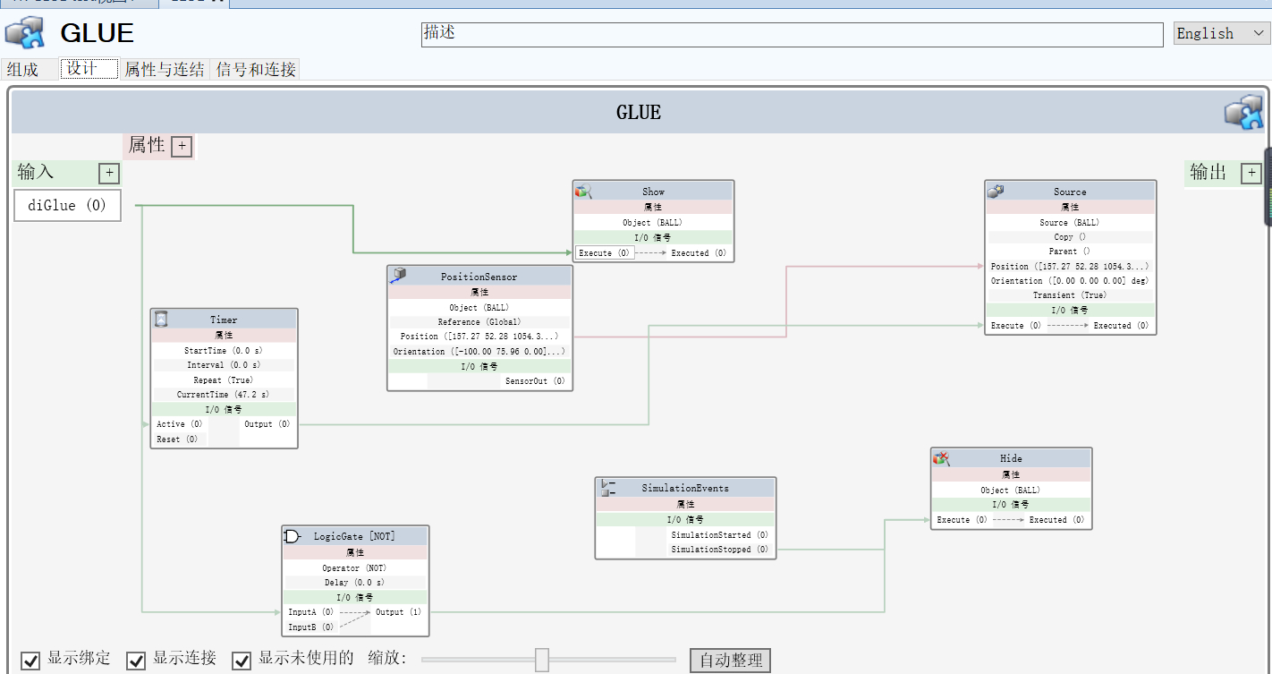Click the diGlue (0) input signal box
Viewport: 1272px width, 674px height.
[67, 205]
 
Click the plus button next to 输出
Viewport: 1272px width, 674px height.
[1251, 173]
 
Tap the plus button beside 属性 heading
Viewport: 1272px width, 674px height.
[182, 146]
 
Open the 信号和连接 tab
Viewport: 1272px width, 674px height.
[255, 69]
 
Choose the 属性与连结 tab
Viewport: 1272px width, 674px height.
[164, 69]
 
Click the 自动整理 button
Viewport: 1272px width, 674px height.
[730, 661]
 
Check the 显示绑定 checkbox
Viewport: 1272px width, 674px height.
[31, 661]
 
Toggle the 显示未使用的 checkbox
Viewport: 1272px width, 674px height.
[242, 661]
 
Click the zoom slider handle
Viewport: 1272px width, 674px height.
[542, 660]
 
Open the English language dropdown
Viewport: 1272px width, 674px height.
[1221, 33]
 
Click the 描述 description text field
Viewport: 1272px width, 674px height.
[792, 34]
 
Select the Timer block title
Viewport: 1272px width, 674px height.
[224, 320]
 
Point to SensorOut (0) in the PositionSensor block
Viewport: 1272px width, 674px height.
[535, 381]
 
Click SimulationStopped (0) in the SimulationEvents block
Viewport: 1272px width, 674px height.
[719, 550]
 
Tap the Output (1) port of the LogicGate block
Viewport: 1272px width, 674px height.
[398, 612]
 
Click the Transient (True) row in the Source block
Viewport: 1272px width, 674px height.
[1069, 295]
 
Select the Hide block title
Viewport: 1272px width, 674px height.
[1011, 458]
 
